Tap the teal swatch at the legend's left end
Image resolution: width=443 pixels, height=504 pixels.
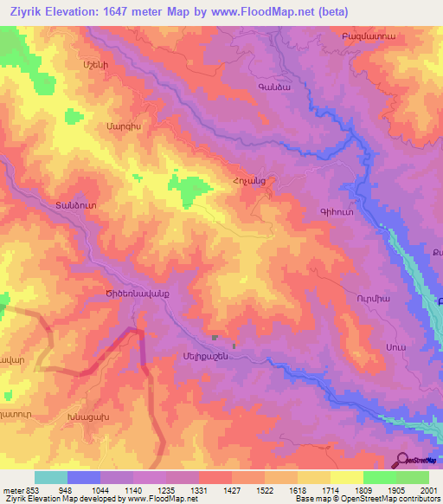pyautogui.click(x=51, y=477)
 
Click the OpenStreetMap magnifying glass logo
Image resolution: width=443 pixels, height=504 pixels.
pyautogui.click(x=401, y=460)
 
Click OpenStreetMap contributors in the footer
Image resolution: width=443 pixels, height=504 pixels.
pyautogui.click(x=395, y=499)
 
